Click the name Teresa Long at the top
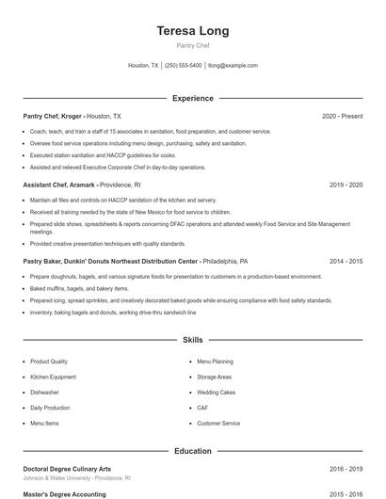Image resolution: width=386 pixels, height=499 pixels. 192,31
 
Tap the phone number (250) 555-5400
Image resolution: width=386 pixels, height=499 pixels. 183,66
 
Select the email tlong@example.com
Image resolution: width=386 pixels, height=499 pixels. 233,66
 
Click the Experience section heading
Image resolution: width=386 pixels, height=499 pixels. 192,98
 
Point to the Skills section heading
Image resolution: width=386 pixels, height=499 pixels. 192,339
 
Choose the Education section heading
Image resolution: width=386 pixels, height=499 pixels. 192,451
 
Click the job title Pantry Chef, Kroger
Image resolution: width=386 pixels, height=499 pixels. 53,116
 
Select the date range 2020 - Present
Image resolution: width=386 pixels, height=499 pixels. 342,116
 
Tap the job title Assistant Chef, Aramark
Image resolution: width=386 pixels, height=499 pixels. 57,185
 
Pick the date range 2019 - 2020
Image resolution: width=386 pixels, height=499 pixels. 346,185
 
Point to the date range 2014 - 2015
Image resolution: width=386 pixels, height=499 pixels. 346,261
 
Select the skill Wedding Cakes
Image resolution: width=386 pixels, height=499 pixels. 216,393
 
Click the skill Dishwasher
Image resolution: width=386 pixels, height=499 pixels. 44,393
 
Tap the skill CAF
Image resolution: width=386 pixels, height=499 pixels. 202,408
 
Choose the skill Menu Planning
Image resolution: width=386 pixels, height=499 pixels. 215,362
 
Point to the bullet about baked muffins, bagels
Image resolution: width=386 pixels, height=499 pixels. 79,288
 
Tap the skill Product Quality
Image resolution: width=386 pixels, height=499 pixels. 48,362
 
